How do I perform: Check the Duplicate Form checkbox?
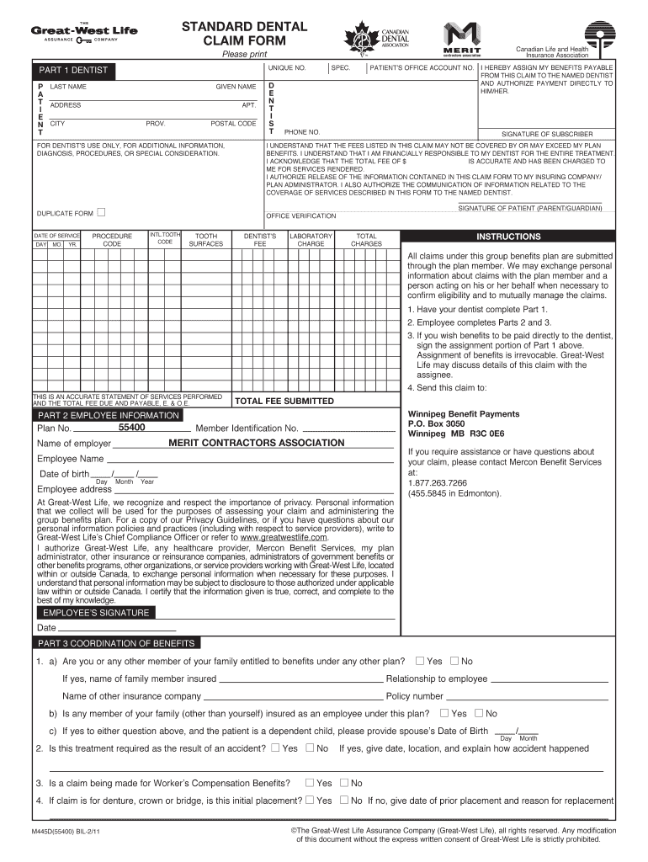(102, 212)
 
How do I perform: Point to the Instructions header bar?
(508, 237)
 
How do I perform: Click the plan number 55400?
(131, 428)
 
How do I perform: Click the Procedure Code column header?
(112, 240)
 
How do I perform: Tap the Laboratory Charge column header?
(311, 240)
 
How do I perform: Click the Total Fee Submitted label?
(284, 401)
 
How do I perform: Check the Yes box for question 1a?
(420, 661)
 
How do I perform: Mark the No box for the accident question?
(310, 748)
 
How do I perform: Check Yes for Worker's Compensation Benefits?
(310, 782)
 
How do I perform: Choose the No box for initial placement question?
(344, 800)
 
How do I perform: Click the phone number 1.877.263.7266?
(437, 482)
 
